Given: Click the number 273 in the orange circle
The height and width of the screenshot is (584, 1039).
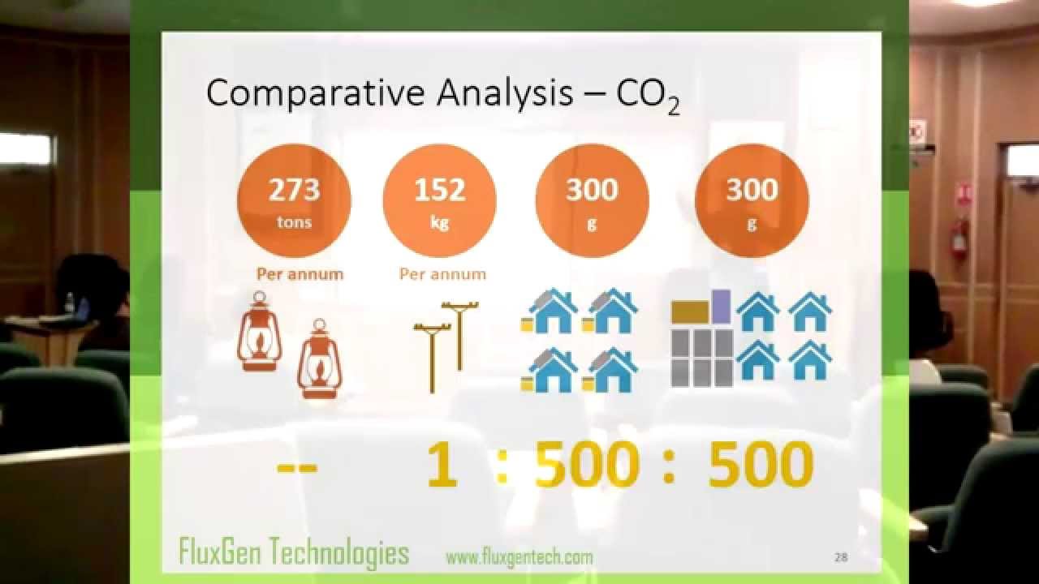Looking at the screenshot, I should (x=294, y=190).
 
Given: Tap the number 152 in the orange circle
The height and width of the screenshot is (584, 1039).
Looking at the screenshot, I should (x=439, y=190).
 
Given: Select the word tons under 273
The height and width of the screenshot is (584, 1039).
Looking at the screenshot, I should (x=294, y=222).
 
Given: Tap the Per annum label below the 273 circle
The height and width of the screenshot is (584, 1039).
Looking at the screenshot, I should (x=300, y=274).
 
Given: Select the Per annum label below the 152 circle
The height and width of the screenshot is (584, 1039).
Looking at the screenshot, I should (x=442, y=274).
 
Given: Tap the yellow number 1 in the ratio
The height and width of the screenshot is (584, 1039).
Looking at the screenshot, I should (x=442, y=466).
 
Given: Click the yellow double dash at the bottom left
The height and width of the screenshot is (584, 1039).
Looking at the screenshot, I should (x=296, y=467).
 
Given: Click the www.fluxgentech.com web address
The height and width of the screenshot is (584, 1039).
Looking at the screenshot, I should (x=519, y=557).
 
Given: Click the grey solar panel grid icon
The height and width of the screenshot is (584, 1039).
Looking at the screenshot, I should (x=702, y=357).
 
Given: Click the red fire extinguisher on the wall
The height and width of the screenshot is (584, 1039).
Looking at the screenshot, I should (x=959, y=238).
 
